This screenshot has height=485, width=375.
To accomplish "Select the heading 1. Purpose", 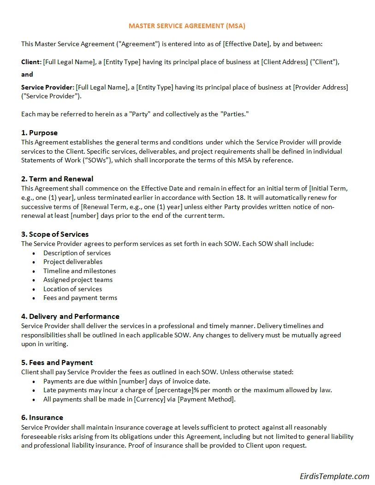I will pyautogui.click(x=39, y=133).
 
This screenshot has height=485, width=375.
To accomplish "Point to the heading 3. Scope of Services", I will pyautogui.click(x=55, y=234).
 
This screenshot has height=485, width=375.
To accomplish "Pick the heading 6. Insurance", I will pyautogui.click(x=42, y=417).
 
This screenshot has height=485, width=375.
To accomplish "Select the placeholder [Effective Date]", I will pyautogui.click(x=246, y=44).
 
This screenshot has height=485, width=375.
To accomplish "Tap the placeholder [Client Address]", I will pyautogui.click(x=285, y=62).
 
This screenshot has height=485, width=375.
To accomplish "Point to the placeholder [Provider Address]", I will pyautogui.click(x=321, y=87).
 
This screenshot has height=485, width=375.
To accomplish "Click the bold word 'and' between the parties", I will pyautogui.click(x=27, y=74).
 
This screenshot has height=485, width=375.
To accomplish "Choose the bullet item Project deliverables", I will pyautogui.click(x=73, y=262).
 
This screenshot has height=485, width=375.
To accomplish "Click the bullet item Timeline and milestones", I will pyautogui.click(x=79, y=271).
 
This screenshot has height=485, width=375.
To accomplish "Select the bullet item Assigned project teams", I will pyautogui.click(x=78, y=280).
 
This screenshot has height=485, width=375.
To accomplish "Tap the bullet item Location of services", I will pyautogui.click(x=72, y=289).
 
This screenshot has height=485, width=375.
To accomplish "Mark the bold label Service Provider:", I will pyautogui.click(x=48, y=87).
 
